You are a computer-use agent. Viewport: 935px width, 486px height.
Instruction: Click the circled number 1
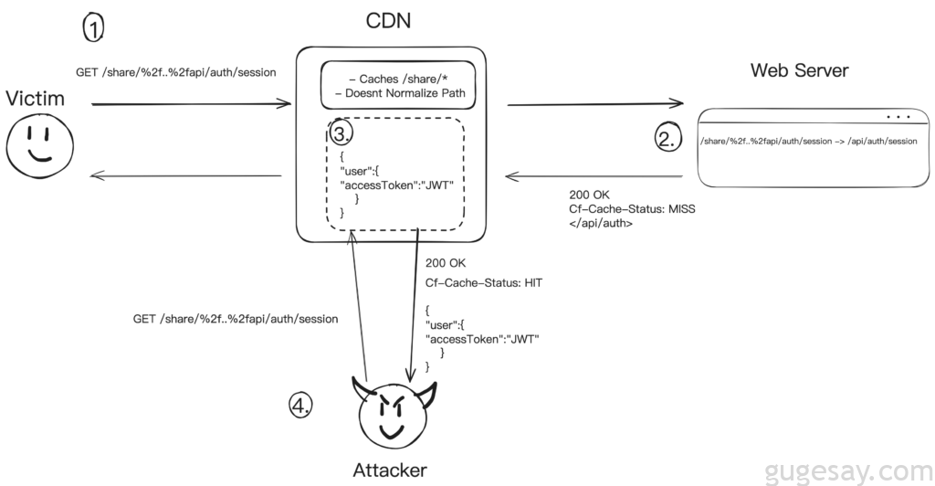point(94,28)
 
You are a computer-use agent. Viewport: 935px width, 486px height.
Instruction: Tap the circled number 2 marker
point(667,138)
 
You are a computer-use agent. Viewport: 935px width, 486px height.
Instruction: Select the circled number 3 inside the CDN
point(341,135)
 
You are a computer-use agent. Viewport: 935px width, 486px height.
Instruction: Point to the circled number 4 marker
point(300,405)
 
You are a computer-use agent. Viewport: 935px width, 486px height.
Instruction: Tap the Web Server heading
point(800,70)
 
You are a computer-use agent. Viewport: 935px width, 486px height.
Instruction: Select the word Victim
point(36,98)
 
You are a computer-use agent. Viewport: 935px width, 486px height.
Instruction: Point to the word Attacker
point(390,470)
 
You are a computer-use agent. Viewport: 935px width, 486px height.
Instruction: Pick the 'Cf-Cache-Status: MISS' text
point(633,208)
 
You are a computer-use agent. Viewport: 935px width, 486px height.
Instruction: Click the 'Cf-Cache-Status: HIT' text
point(484,282)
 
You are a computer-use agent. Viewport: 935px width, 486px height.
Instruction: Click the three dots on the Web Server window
point(898,117)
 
